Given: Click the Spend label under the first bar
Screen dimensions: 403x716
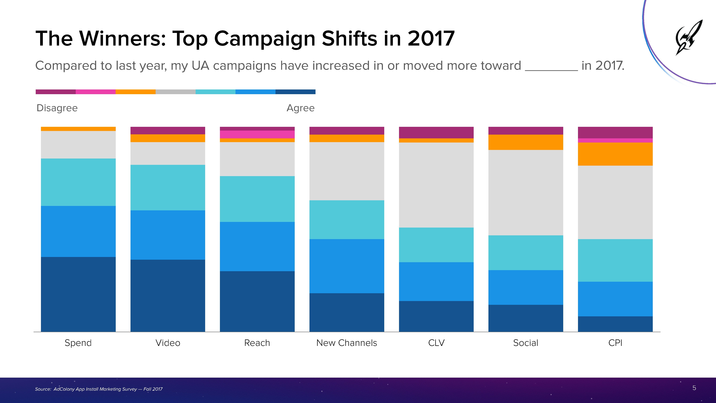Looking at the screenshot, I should (x=78, y=343).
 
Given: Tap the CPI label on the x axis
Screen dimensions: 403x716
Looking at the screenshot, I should (x=615, y=343).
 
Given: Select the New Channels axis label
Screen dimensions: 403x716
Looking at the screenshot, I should (x=347, y=343).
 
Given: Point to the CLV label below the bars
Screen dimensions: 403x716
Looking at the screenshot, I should (x=436, y=343).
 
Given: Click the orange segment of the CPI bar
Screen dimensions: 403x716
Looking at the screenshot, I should (x=615, y=154).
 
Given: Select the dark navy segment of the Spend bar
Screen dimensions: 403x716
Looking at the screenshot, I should (x=78, y=294).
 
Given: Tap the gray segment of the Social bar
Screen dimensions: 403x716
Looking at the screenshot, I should (x=526, y=192).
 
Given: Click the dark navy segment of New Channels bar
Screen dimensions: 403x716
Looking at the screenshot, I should (x=347, y=312).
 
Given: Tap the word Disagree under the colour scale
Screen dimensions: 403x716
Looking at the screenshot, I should (x=57, y=108).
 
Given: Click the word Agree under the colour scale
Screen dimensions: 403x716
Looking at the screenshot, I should (x=300, y=108).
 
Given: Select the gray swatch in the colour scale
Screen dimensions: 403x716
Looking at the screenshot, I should (x=175, y=92).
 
